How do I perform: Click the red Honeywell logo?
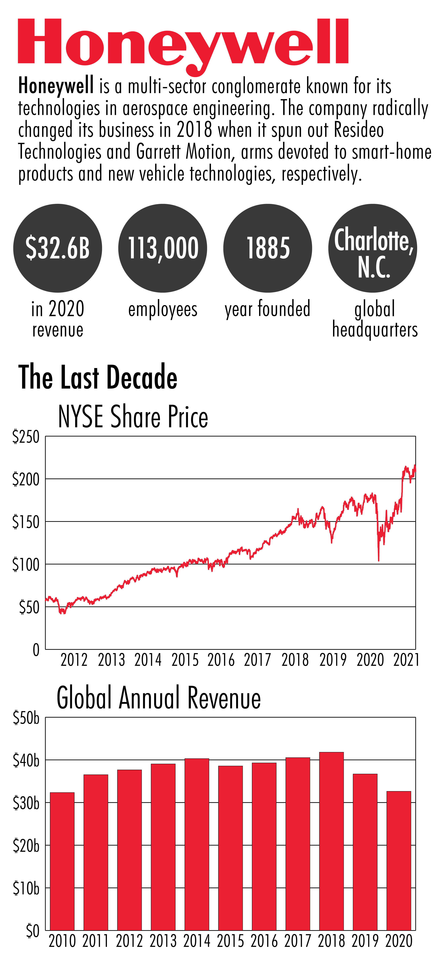pyautogui.click(x=183, y=43)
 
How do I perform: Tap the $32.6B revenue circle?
pyautogui.click(x=58, y=248)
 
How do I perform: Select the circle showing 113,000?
pyautogui.click(x=163, y=248)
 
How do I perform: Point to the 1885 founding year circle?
pyautogui.click(x=268, y=248)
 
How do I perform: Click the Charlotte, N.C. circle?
pyautogui.click(x=373, y=248)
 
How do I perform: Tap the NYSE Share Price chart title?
pyautogui.click(x=133, y=417)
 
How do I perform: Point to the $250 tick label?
pyautogui.click(x=26, y=437)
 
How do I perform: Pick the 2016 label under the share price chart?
pyautogui.click(x=221, y=660)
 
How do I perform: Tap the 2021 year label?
pyautogui.click(x=406, y=660)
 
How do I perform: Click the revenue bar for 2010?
pyautogui.click(x=62, y=861)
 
